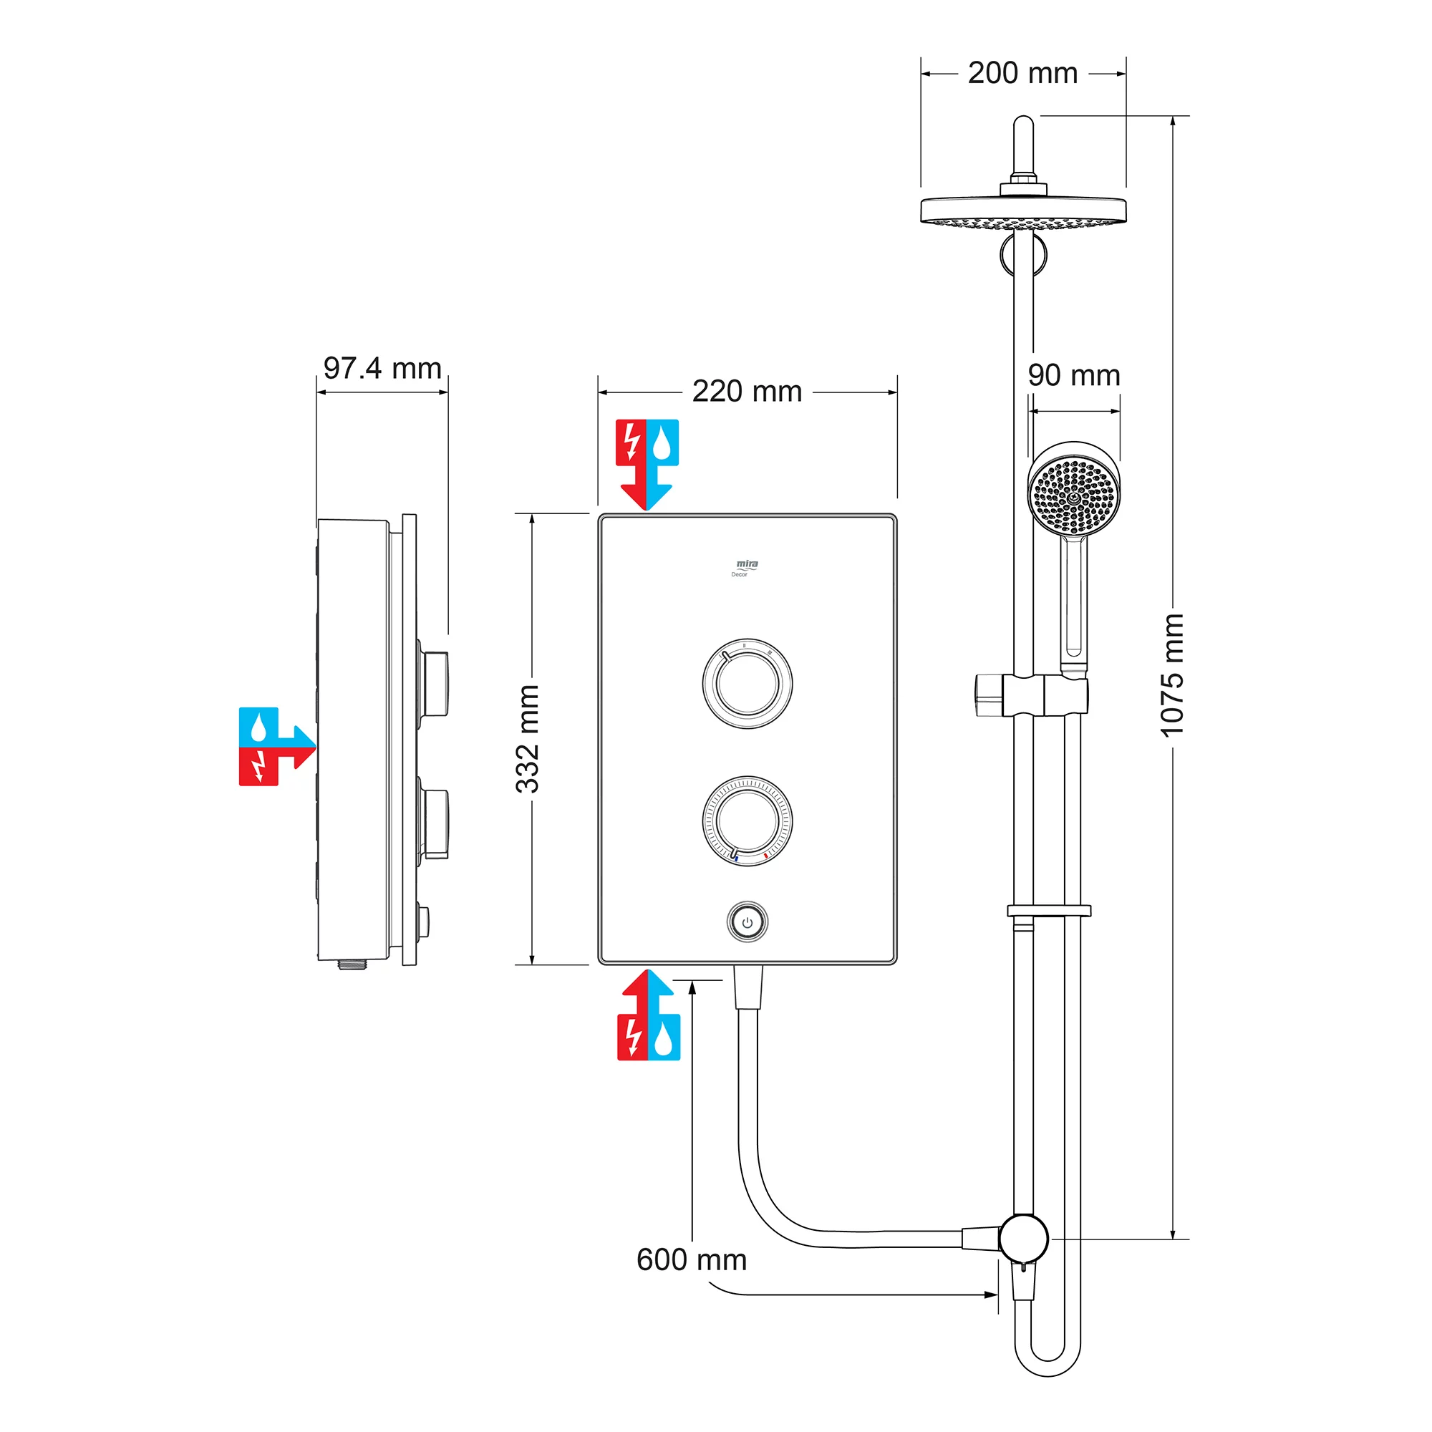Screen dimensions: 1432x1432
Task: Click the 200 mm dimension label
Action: click(x=1022, y=73)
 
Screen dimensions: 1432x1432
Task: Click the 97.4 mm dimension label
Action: click(x=382, y=368)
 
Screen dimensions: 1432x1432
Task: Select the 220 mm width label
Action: click(x=747, y=392)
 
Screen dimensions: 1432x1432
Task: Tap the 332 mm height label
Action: click(x=528, y=739)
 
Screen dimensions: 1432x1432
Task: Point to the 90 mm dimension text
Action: click(x=1073, y=375)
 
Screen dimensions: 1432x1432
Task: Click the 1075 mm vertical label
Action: click(x=1172, y=675)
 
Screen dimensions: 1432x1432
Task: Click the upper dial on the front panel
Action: click(x=747, y=683)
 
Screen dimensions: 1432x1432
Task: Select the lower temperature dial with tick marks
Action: click(x=747, y=821)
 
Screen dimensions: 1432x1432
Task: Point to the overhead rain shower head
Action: click(x=1023, y=211)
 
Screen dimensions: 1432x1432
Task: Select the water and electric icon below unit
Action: click(x=649, y=1016)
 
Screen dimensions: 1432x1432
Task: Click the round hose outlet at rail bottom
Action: click(x=1023, y=1238)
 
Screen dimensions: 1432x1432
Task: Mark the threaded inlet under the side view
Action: click(x=353, y=965)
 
